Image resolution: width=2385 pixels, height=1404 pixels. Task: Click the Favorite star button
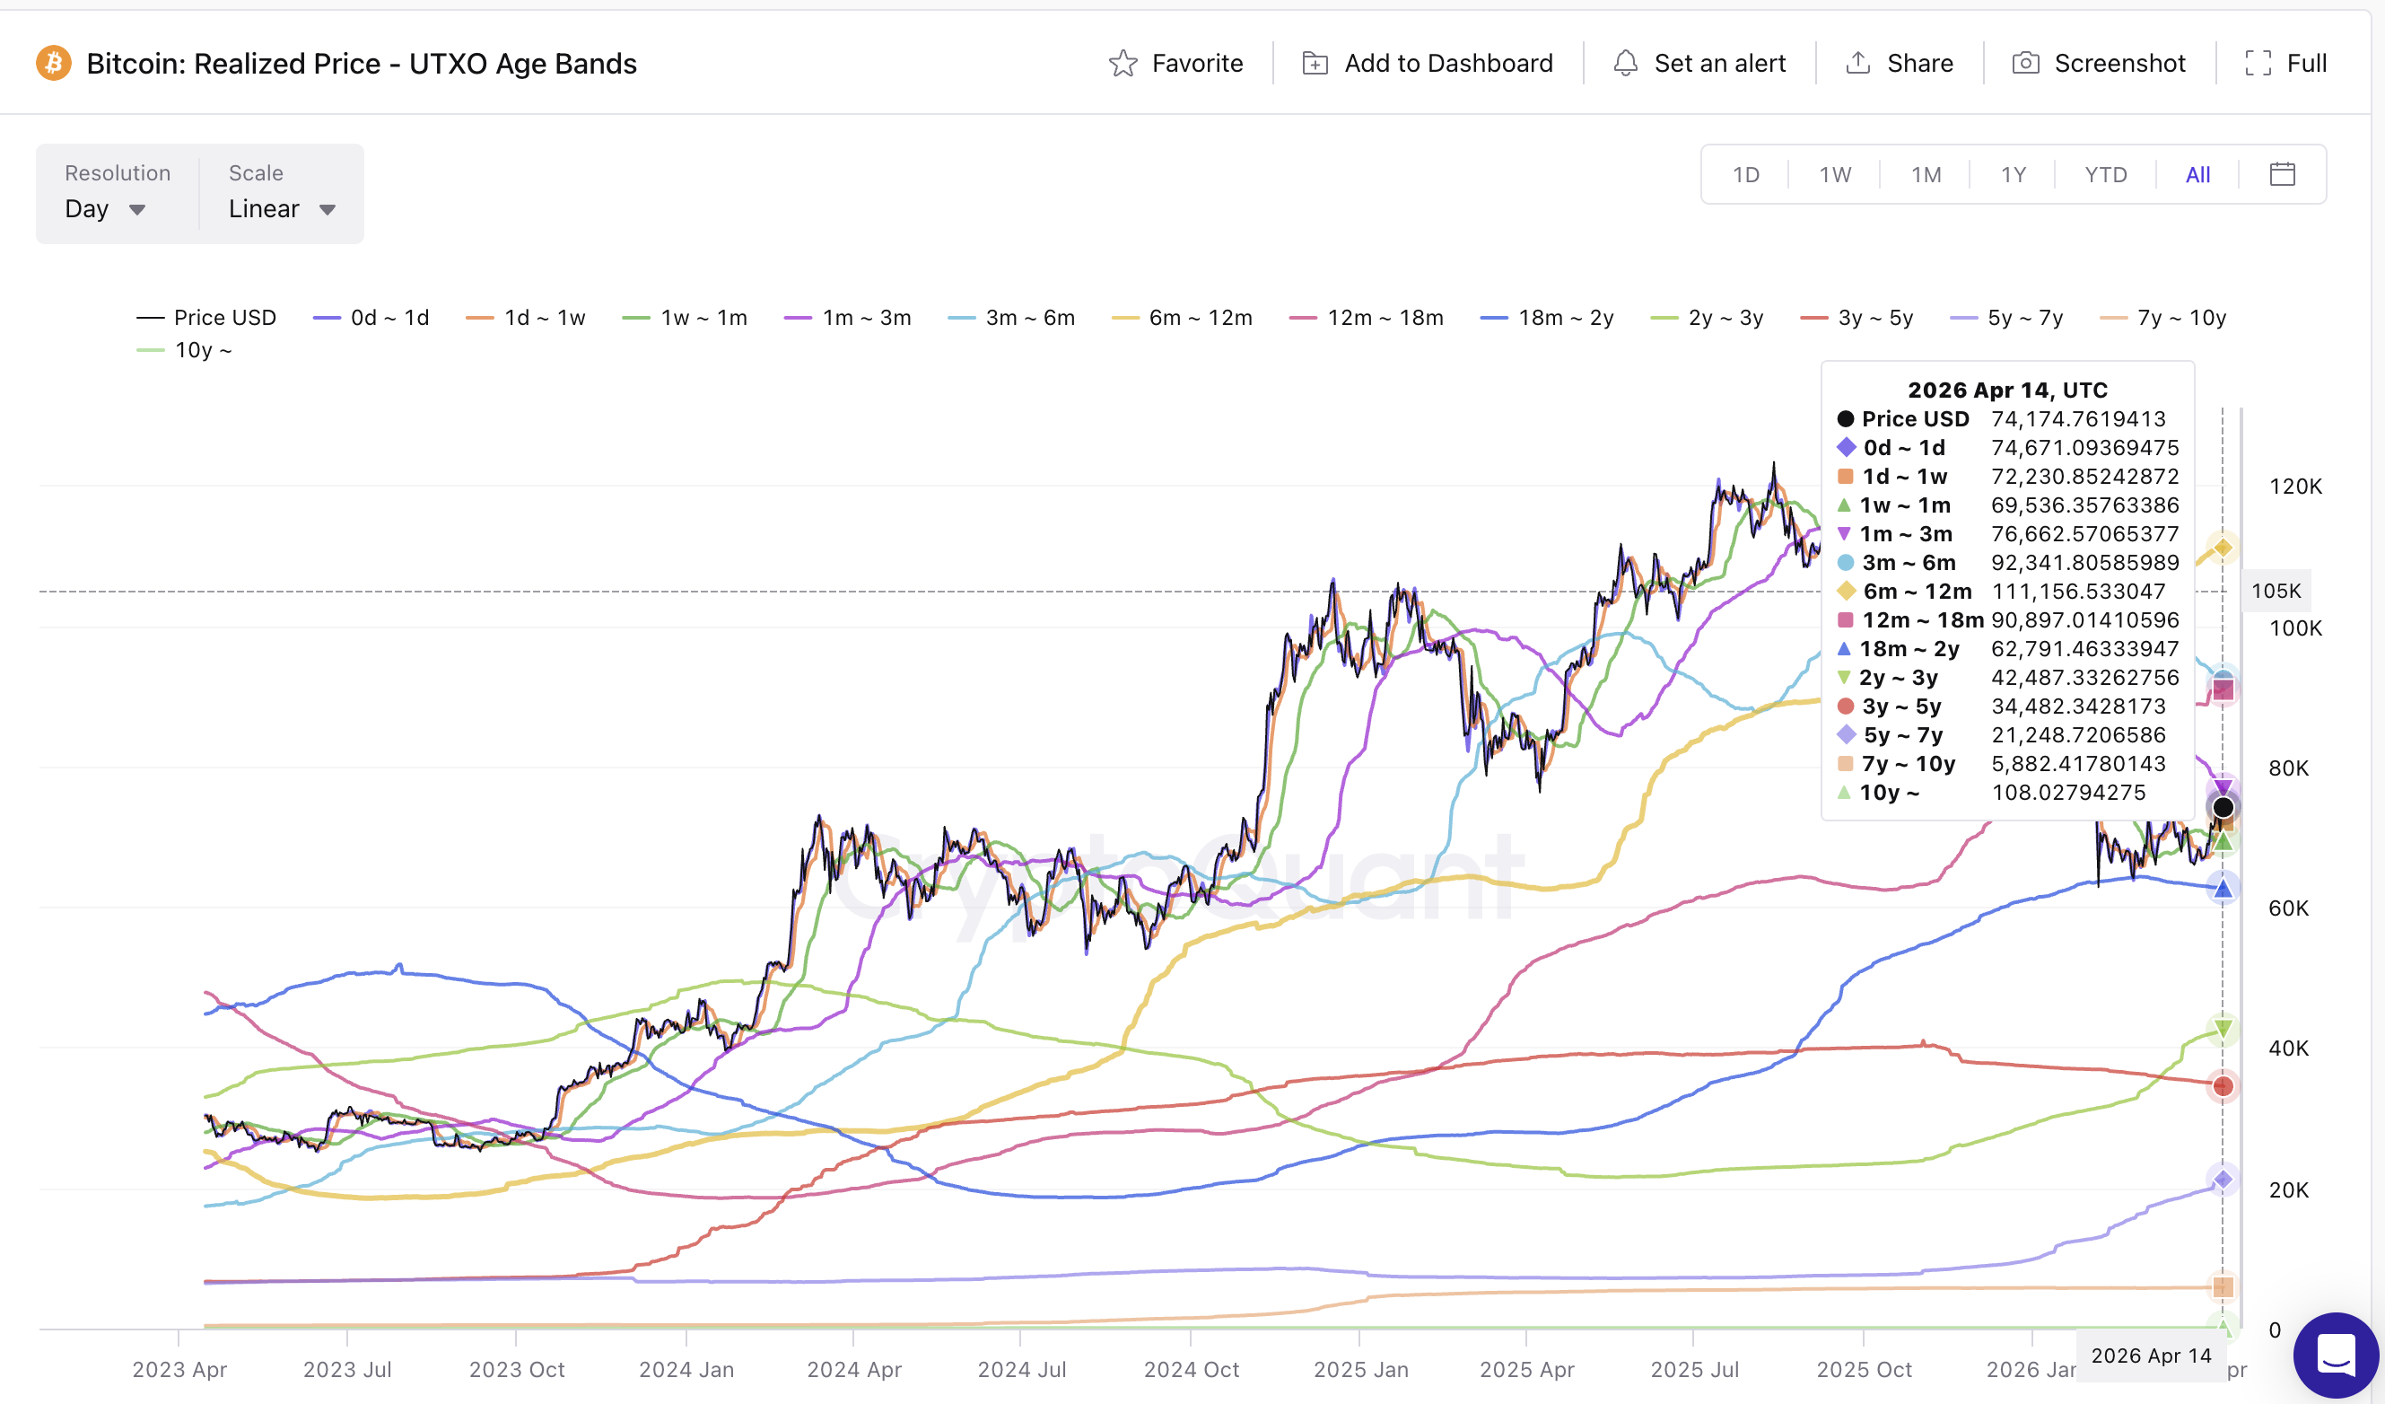click(x=1175, y=64)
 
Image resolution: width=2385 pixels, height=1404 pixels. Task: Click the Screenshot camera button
click(x=2098, y=64)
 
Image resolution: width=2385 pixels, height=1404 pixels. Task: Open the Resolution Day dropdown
click(x=104, y=209)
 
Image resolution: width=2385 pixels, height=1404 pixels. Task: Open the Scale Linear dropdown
click(x=281, y=209)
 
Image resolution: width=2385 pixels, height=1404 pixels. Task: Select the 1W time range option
click(x=1834, y=175)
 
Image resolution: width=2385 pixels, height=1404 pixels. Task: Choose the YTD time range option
click(x=2105, y=175)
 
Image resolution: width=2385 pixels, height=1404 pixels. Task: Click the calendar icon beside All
click(x=2282, y=174)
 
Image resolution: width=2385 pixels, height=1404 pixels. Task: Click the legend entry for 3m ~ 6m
click(x=1012, y=318)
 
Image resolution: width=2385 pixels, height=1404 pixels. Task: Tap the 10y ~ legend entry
click(x=186, y=350)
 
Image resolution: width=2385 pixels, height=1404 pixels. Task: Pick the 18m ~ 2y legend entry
click(x=1548, y=318)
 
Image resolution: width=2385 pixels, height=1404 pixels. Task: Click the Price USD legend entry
click(x=206, y=318)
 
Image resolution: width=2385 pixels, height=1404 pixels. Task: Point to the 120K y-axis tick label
click(x=2295, y=487)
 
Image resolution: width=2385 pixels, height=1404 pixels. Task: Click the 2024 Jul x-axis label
click(x=1021, y=1369)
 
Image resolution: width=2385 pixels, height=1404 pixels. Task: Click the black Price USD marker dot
click(x=2223, y=808)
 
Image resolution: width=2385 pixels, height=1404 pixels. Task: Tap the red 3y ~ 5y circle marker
click(x=2223, y=1086)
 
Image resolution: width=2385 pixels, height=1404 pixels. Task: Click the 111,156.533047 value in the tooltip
click(x=2077, y=592)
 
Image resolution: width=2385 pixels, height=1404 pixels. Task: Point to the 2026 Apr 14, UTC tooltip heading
click(x=2006, y=390)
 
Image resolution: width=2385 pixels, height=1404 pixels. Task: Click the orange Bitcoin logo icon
click(x=54, y=64)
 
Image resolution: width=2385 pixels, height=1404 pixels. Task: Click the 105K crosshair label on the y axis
click(x=2275, y=591)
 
